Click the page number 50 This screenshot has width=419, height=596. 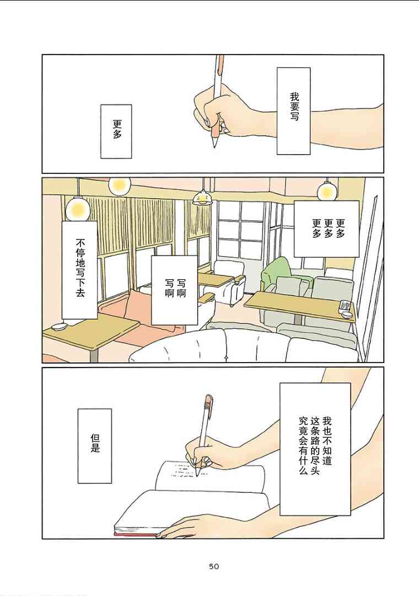[214, 566]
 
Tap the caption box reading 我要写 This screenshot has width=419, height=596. [294, 111]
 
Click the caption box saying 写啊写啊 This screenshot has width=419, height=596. [175, 290]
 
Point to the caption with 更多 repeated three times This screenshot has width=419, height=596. [327, 229]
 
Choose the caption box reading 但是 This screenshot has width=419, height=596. [95, 446]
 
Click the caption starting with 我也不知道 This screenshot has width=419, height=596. [315, 449]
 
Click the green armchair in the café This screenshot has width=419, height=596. [277, 272]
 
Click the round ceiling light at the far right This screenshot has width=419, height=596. [327, 191]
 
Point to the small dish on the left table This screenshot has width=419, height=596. [59, 327]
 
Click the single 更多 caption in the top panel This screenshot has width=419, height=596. [116, 131]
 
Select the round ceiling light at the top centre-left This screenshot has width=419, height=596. [119, 185]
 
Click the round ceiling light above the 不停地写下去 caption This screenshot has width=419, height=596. [78, 209]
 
